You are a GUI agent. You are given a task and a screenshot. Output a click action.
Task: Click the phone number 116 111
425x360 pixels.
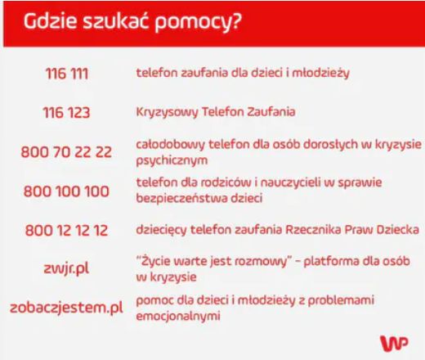(67, 74)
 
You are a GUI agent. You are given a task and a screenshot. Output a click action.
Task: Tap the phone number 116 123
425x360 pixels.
(67, 112)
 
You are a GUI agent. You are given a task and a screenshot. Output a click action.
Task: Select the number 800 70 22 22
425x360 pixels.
(67, 152)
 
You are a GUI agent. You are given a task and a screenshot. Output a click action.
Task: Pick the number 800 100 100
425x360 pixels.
(67, 191)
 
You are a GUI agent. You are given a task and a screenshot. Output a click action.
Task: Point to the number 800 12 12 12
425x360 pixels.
(67, 231)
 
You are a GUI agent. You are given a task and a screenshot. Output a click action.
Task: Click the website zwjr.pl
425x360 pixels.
(67, 269)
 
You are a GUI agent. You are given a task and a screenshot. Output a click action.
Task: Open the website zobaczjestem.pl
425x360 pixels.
(67, 308)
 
